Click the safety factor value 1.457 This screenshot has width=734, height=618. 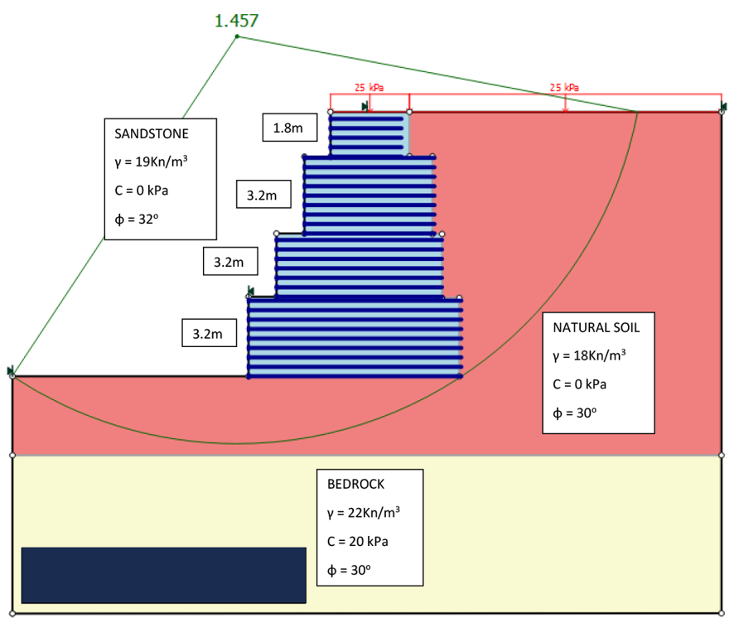point(236,21)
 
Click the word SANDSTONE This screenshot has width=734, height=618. point(152,133)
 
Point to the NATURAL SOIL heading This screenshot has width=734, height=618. point(596,327)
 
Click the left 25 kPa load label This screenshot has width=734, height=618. point(369,87)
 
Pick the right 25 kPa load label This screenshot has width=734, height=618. point(564,87)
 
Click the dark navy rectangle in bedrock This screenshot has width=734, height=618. point(163,575)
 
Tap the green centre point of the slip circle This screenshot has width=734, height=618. point(237,36)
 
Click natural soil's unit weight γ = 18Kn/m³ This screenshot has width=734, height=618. point(589,355)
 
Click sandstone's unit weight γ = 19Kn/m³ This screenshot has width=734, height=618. point(151,162)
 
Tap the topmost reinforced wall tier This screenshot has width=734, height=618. point(368,133)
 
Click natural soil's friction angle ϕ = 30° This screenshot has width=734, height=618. point(574,413)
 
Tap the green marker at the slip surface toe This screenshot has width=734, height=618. point(12,370)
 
